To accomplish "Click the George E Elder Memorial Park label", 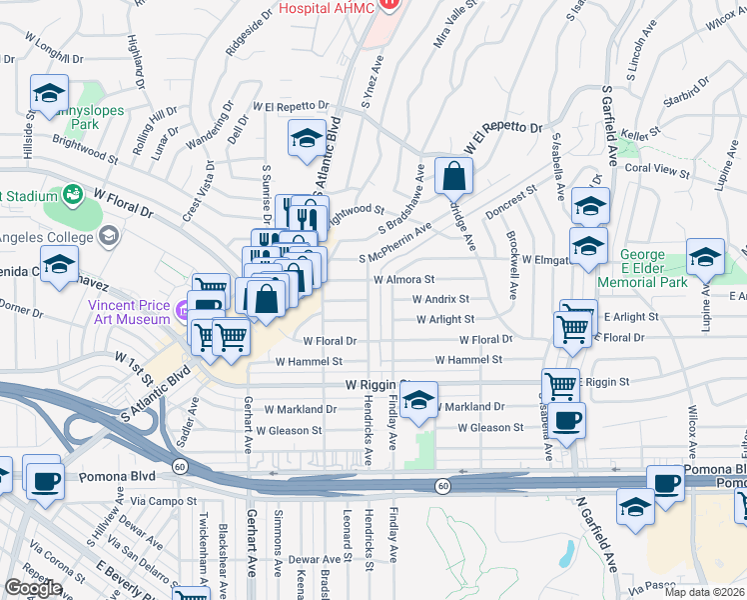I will [x=654, y=269].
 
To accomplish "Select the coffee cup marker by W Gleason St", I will [x=567, y=420].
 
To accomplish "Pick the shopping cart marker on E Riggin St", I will [x=560, y=386].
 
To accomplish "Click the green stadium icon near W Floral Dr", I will [x=73, y=193].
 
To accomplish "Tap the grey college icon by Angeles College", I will [x=109, y=236].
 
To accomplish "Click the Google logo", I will [x=32, y=588].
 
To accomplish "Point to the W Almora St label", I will [x=404, y=280].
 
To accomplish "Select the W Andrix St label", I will [x=440, y=298].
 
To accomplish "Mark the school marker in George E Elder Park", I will [x=705, y=258].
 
